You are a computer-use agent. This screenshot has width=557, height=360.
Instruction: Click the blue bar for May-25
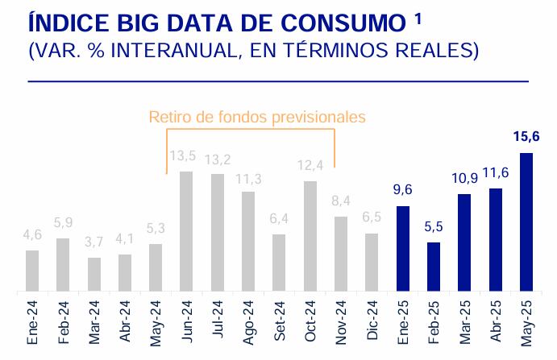[x=526, y=222]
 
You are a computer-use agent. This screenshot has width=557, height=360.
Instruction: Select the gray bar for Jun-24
[x=186, y=231]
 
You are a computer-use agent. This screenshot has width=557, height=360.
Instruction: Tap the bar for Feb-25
[x=434, y=267]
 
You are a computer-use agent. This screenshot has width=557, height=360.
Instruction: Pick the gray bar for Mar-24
[x=94, y=275]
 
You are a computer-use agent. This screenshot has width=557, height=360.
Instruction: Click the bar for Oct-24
[x=310, y=236]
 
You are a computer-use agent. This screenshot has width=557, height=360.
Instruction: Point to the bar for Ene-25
[x=403, y=249]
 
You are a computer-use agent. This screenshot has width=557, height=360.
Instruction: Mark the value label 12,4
[x=310, y=167]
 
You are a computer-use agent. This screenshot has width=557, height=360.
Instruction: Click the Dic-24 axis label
[x=372, y=322]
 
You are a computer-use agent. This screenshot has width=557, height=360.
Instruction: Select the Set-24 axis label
[x=279, y=322]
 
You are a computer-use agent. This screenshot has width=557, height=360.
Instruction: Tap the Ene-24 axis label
[x=32, y=322]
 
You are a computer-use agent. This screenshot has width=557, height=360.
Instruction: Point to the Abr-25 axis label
[x=496, y=322]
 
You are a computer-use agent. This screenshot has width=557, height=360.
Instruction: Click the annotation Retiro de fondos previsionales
[x=257, y=117]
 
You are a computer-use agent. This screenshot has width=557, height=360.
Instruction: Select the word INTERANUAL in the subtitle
[x=164, y=51]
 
